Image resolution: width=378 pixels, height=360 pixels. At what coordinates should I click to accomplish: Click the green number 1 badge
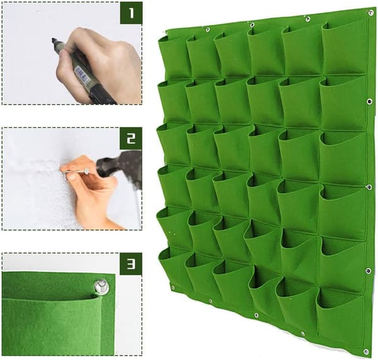(131, 13)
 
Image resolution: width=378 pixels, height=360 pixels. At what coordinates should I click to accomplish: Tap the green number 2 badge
(131, 138)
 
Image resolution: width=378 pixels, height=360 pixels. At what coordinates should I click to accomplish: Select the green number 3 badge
(131, 264)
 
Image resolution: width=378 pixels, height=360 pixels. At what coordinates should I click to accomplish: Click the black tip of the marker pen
(54, 40)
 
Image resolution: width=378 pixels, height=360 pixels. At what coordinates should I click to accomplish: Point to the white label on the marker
(81, 74)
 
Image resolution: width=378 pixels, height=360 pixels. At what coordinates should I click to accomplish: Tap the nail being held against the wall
(75, 172)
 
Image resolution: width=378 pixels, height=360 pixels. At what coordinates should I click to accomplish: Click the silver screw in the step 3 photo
(101, 286)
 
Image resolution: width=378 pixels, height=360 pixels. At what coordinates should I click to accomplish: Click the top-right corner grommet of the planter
(370, 13)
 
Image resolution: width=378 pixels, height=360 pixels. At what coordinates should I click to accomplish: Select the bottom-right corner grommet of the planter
(365, 352)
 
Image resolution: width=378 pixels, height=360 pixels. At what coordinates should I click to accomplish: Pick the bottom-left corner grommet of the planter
(173, 288)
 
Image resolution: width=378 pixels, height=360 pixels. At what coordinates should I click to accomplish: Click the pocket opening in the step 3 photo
(50, 298)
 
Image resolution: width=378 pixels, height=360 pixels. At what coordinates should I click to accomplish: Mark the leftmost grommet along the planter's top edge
(207, 30)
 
